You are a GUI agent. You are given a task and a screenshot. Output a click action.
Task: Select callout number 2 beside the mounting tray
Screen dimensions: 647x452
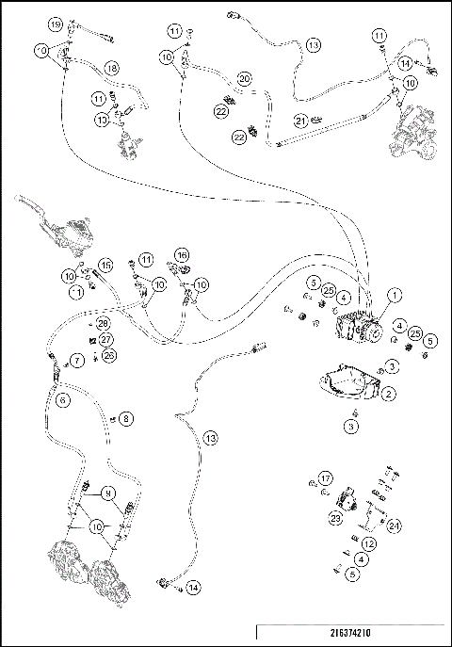[388, 392]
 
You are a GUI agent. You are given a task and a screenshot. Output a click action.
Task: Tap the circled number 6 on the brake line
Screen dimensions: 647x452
[63, 399]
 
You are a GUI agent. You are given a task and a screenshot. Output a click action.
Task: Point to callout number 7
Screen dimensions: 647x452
[78, 360]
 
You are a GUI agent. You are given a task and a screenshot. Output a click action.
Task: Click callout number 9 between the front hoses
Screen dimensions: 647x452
[108, 492]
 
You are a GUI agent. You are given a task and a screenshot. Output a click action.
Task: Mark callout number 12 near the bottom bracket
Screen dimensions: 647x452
[369, 543]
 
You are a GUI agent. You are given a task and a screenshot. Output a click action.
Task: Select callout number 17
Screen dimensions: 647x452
[325, 477]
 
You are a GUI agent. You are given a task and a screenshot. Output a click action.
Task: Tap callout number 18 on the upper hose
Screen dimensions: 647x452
[111, 68]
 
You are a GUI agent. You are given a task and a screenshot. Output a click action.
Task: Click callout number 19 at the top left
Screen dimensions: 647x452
[56, 23]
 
